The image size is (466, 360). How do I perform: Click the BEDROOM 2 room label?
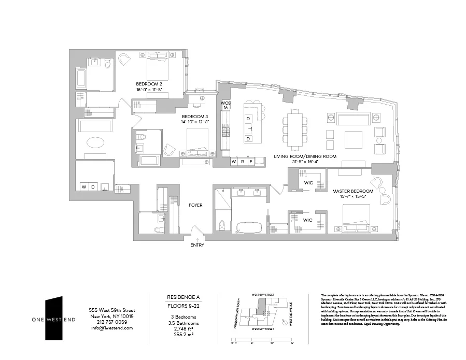(149, 84)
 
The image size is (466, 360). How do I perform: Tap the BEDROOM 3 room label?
(194, 117)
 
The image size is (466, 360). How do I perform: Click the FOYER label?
(195, 205)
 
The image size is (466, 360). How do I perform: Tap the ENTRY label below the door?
(197, 245)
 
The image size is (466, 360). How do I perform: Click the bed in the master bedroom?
(356, 218)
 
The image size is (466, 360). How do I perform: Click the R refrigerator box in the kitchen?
(242, 162)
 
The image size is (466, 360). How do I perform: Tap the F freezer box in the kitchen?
(250, 162)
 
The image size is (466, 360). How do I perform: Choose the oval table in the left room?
(94, 142)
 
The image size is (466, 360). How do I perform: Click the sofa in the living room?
(353, 118)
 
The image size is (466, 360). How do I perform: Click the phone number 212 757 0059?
(111, 322)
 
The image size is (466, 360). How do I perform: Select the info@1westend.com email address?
(111, 328)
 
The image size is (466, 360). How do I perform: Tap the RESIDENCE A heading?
(183, 297)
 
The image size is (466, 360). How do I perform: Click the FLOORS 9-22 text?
(183, 306)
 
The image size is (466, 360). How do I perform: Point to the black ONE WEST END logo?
(54, 319)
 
